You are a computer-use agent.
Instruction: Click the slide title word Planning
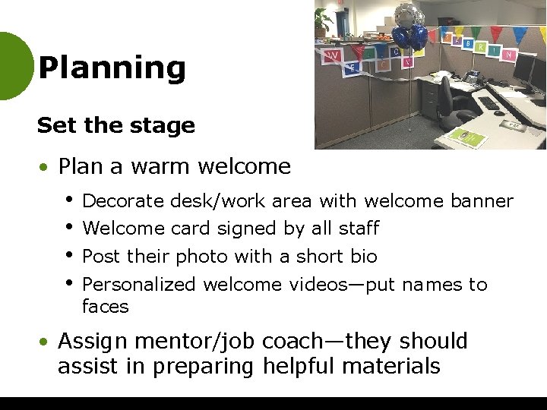coord(112,68)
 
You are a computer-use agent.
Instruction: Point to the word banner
coord(482,201)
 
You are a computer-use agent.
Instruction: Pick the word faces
coord(106,307)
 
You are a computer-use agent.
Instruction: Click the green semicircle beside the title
coord(14,66)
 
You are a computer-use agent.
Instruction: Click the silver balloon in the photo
coord(408,13)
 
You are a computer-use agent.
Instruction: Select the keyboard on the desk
coord(490,103)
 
